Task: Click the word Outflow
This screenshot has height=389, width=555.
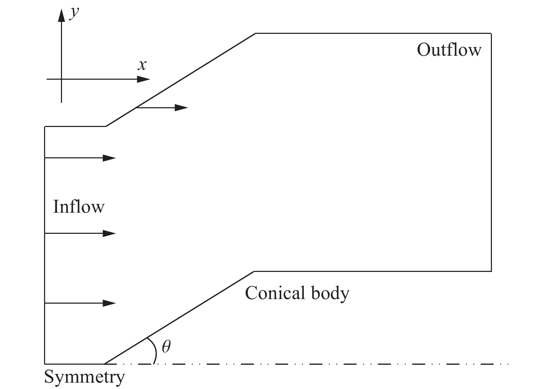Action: point(449,50)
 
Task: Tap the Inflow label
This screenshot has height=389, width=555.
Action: point(79,207)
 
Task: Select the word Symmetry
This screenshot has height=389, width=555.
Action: point(84,377)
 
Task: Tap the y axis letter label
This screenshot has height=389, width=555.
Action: point(74,13)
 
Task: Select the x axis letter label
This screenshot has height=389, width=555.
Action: point(142,65)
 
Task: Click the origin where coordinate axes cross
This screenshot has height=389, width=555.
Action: point(62,79)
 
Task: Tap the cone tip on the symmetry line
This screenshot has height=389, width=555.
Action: point(105,363)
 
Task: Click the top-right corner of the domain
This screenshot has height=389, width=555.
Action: point(491,34)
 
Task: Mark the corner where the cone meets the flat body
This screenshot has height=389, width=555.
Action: point(254,271)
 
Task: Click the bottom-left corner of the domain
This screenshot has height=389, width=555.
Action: point(45,363)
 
